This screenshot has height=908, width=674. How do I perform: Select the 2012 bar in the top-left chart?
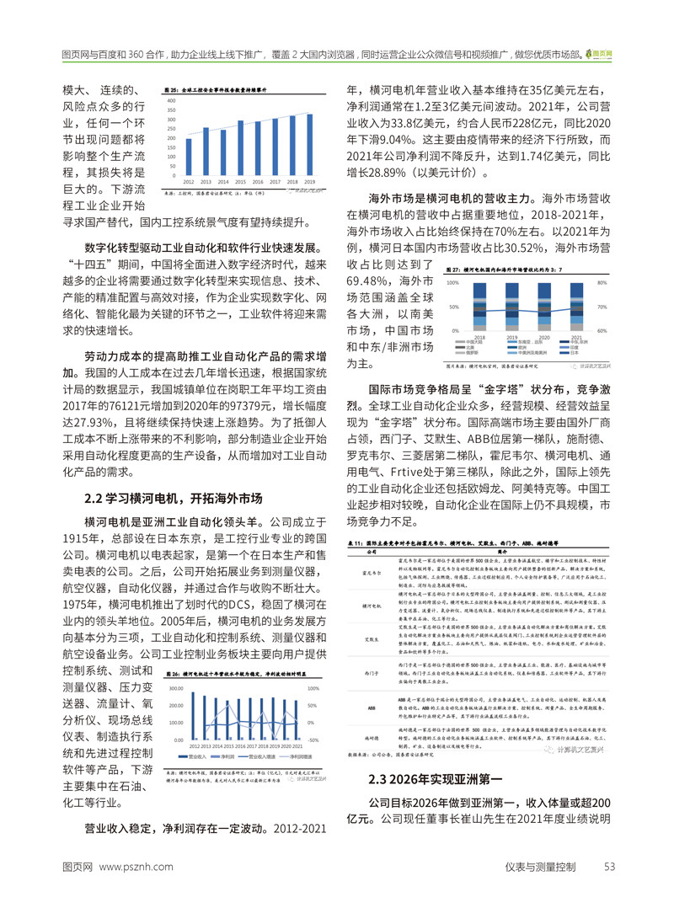coord(188,158)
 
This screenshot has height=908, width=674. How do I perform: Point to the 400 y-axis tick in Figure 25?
coord(170,100)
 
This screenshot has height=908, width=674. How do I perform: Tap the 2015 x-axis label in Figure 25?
coord(240,182)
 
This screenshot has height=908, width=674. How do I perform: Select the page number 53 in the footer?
coord(611,867)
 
